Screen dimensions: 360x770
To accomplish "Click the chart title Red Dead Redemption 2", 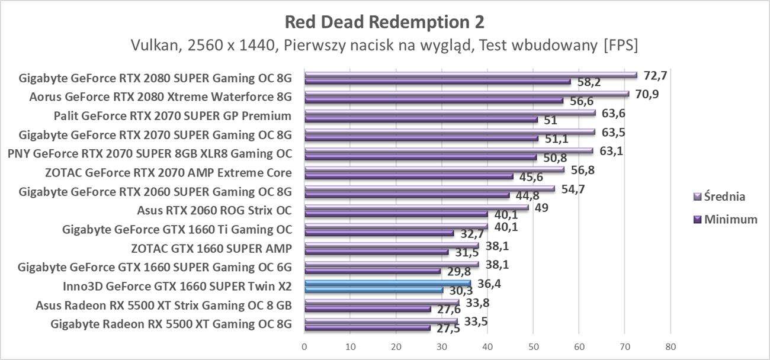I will click(384, 22).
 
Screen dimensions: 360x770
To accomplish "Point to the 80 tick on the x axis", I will click(670, 346).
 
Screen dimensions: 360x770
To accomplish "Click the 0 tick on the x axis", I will click(304, 346).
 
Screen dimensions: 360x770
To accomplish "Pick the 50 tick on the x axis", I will click(532, 346).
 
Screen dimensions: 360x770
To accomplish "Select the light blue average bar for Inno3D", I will click(387, 284).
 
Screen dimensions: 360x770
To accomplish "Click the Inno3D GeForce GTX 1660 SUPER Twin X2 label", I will click(177, 286).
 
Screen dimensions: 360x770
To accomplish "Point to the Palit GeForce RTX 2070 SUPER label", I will click(172, 115).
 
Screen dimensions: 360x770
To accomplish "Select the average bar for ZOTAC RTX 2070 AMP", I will click(434, 170).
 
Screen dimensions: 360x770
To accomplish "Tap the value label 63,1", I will click(612, 151).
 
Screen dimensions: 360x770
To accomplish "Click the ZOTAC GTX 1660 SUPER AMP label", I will click(211, 248).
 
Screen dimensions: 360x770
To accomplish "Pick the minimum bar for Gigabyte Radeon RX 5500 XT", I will click(367, 327).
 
